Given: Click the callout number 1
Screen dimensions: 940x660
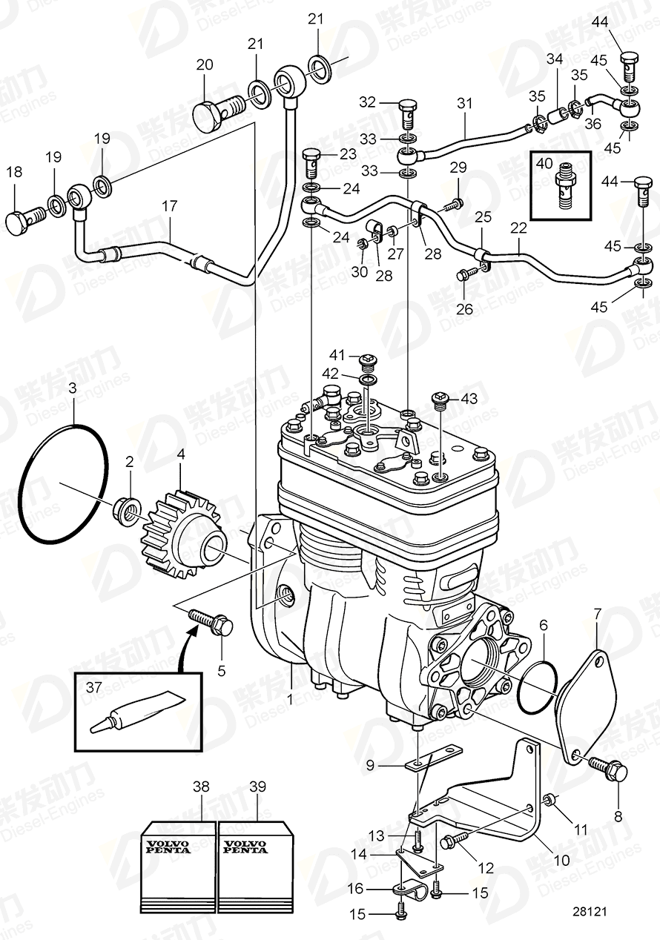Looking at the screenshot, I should pos(290,698).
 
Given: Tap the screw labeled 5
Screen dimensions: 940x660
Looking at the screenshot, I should pos(211,621).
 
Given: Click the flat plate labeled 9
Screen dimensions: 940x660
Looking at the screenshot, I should pos(435,761).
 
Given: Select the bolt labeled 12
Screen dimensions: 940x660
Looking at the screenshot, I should pos(454,841).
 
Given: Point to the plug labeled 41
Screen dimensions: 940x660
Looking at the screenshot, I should pos(366,361).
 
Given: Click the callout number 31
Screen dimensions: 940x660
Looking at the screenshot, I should pos(464,104).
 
